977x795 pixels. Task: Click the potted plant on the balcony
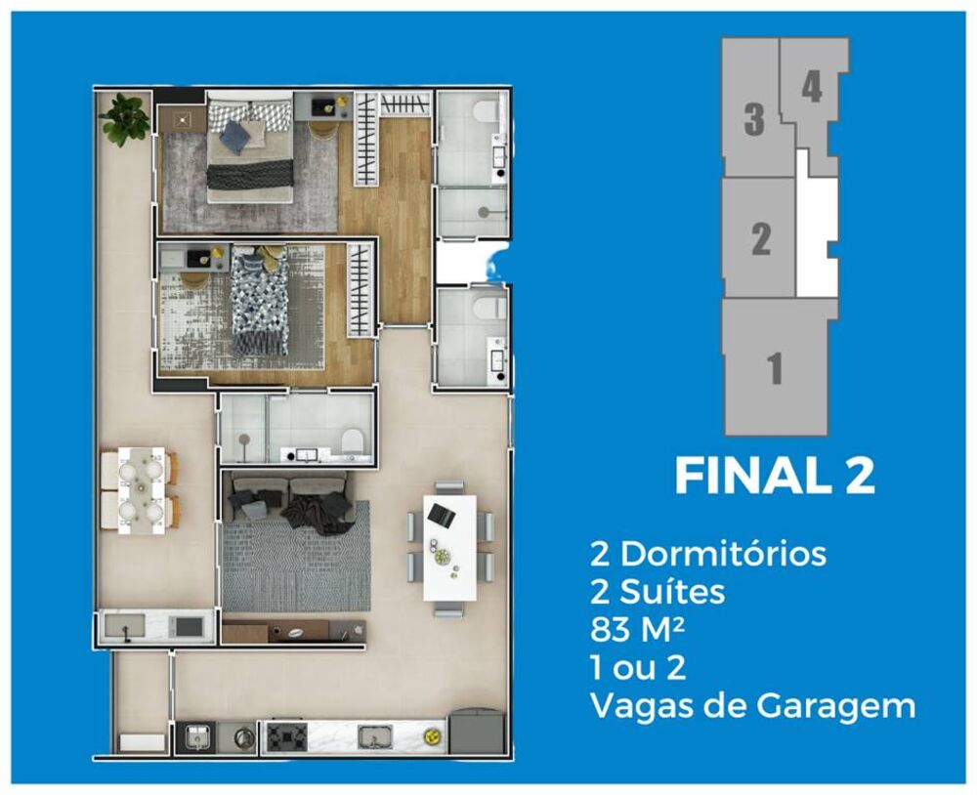tap(124, 118)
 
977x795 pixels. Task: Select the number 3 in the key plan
tap(753, 122)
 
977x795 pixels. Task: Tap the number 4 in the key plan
tap(811, 88)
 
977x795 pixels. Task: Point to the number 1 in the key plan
tap(774, 369)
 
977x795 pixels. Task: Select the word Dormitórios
tap(723, 555)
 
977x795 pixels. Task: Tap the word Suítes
tap(670, 592)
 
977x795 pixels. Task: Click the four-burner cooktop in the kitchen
tap(286, 735)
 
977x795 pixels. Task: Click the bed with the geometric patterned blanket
tap(260, 302)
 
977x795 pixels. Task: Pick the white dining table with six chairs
tap(449, 547)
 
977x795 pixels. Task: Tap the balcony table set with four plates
tap(140, 491)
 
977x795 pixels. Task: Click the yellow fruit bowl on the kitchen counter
tap(427, 736)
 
